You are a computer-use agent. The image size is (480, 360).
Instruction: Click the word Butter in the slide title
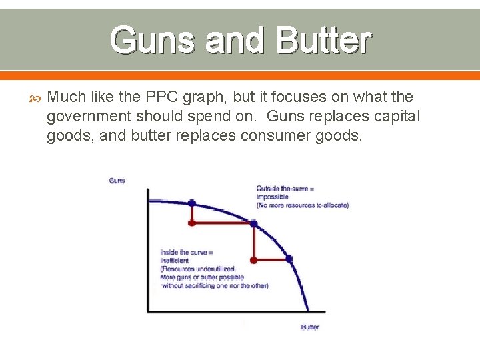pyautogui.click(x=320, y=40)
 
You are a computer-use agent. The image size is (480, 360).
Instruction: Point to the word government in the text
pyautogui.click(x=88, y=117)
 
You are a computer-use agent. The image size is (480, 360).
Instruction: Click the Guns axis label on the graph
pyautogui.click(x=117, y=181)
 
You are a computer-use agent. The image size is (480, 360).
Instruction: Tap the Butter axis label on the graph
pyautogui.click(x=310, y=327)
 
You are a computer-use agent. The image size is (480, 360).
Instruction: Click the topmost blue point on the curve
pyautogui.click(x=192, y=202)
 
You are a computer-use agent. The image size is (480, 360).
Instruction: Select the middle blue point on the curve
pyautogui.click(x=254, y=223)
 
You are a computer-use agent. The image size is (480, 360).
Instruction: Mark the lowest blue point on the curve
pyautogui.click(x=289, y=259)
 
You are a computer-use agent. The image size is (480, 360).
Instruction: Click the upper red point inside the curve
pyautogui.click(x=192, y=223)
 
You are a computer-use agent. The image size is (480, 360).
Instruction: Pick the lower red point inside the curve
pyautogui.click(x=254, y=259)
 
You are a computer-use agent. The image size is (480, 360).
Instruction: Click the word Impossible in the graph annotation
pyautogui.click(x=272, y=197)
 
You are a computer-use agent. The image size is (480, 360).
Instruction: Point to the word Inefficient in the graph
pyautogui.click(x=175, y=261)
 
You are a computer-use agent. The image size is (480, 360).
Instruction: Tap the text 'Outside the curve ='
pyautogui.click(x=285, y=189)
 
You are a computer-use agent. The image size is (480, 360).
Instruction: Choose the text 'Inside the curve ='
pyautogui.click(x=186, y=252)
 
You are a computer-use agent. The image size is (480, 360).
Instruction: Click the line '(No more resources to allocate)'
pyautogui.click(x=303, y=205)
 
